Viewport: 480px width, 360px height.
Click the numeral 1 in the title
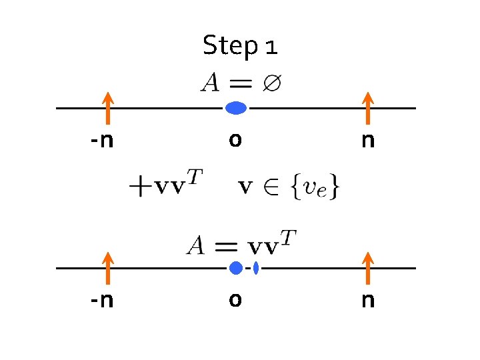click(x=271, y=47)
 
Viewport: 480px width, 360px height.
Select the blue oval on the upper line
click(x=236, y=108)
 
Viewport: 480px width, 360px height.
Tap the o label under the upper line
click(x=235, y=141)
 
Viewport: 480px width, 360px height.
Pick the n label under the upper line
click(x=367, y=141)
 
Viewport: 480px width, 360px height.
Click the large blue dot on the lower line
click(x=235, y=268)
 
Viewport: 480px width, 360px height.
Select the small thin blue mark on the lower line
click(x=256, y=268)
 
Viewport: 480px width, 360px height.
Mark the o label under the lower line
click(x=235, y=301)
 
